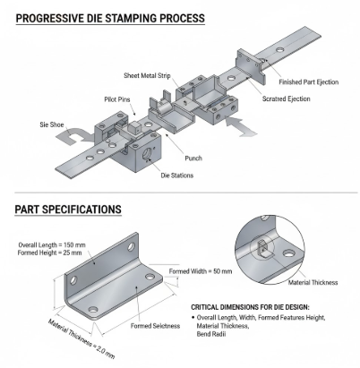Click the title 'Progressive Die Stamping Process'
click(109, 17)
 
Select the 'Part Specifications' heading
click(68, 209)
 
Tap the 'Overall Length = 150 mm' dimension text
click(51, 243)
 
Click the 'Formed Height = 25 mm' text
click(50, 252)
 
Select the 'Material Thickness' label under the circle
click(312, 282)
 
